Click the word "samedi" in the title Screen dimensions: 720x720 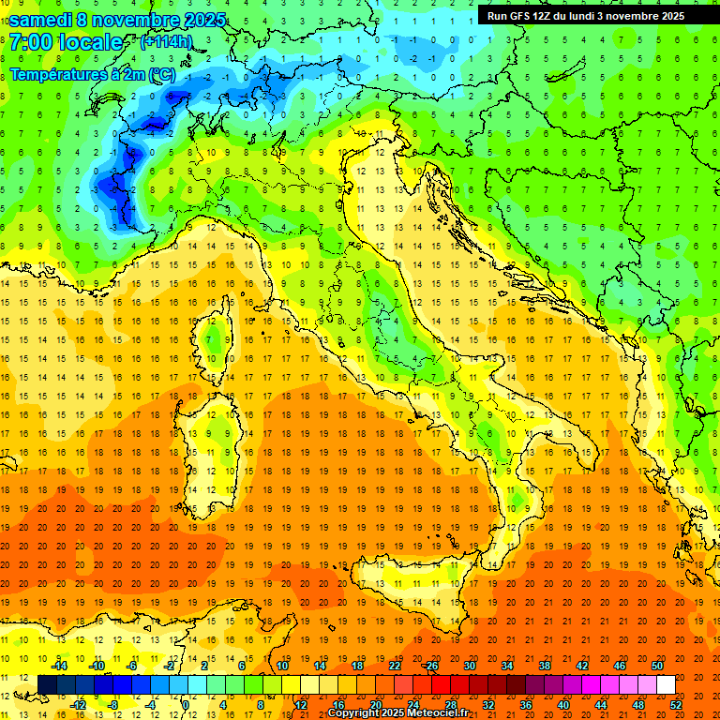coord(40,20)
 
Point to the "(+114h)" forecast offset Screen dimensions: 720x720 coord(166,42)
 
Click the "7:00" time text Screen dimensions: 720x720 coord(31,42)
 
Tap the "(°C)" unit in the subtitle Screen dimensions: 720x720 coord(161,73)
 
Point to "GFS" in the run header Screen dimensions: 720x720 coord(522,16)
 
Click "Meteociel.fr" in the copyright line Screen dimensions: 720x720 coord(438,713)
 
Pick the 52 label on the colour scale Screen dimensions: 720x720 coord(676,704)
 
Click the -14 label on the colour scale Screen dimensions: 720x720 coord(60,666)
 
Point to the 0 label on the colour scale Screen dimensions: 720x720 coord(185,704)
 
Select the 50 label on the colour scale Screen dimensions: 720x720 coord(657,666)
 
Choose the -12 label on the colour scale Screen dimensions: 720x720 coord(79,704)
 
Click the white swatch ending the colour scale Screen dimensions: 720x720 coord(666,684)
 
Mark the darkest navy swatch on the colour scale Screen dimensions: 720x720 coord(47,684)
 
